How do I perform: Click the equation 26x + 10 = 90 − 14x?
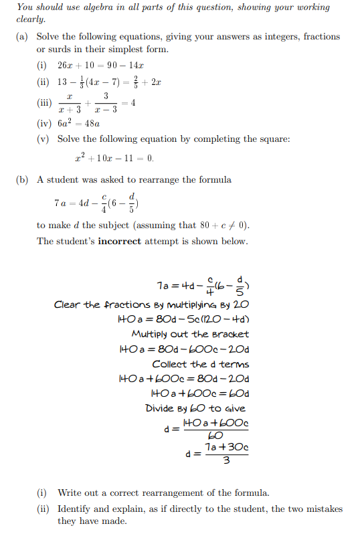(101, 65)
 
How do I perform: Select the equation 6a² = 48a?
(79, 123)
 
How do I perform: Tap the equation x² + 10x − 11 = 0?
(114, 159)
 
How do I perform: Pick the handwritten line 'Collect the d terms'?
(200, 364)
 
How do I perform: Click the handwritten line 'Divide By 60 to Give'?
(195, 408)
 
